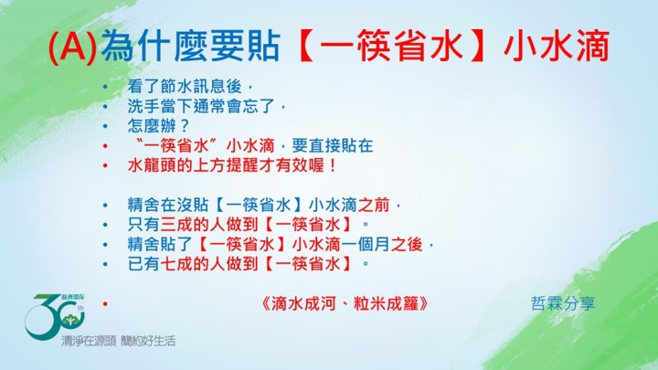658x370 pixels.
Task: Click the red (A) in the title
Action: [x=73, y=47]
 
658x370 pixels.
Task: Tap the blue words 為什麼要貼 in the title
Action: [x=190, y=46]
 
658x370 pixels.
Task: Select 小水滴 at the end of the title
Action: [x=556, y=46]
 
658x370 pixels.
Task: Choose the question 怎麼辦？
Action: [x=159, y=126]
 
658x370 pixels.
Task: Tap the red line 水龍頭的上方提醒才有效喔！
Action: [x=232, y=165]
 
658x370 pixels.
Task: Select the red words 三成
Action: [x=176, y=225]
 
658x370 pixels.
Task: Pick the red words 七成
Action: [x=176, y=264]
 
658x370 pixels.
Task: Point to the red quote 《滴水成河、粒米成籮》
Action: [x=345, y=303]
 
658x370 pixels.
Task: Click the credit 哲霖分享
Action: [x=563, y=303]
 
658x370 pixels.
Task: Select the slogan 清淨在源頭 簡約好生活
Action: [x=118, y=341]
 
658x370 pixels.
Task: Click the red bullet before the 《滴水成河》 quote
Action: [x=105, y=303]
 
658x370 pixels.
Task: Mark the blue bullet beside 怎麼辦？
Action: [x=105, y=126]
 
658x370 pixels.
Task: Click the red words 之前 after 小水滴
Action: [x=374, y=206]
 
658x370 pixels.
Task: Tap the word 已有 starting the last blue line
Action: [x=143, y=264]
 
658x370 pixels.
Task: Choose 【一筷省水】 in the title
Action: [x=391, y=46]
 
